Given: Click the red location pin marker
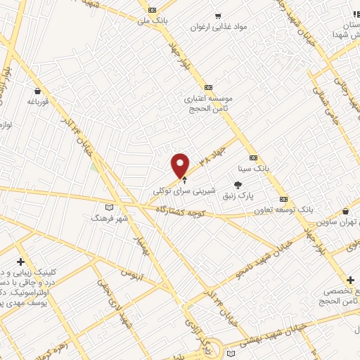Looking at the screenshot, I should click(181, 165).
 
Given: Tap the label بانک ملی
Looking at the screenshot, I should click(154, 21).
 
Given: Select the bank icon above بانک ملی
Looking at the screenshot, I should click(153, 9).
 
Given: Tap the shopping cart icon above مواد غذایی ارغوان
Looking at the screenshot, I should click(219, 15).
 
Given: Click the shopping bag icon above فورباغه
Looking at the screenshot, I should click(37, 91).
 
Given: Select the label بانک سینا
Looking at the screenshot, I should click(253, 169).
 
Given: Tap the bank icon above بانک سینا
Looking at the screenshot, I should click(252, 157).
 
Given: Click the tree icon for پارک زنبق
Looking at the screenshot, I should click(238, 184).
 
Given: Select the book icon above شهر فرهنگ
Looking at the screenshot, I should click(108, 207).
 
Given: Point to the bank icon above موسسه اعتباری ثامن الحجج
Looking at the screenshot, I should click(207, 87).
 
